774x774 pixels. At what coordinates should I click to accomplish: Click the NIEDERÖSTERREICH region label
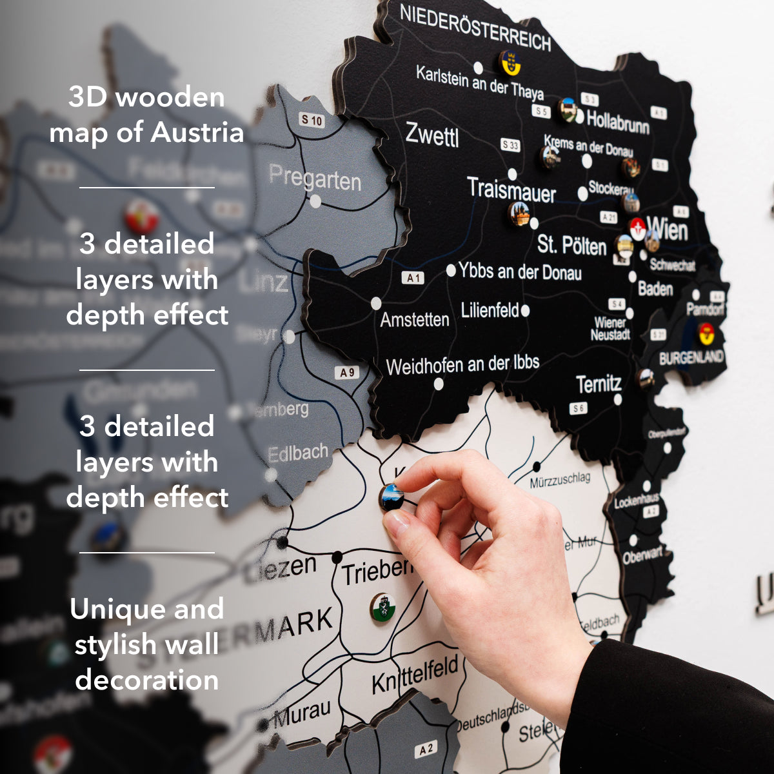pyautogui.click(x=475, y=28)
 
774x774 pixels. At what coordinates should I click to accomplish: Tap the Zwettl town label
pyautogui.click(x=432, y=135)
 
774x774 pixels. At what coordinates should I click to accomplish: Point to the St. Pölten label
pyautogui.click(x=571, y=245)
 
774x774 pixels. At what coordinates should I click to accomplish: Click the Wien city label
pyautogui.click(x=668, y=229)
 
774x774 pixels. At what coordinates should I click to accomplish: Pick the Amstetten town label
pyautogui.click(x=414, y=319)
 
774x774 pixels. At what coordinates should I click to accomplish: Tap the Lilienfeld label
pyautogui.click(x=490, y=311)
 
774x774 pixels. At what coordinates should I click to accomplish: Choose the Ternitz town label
pyautogui.click(x=599, y=384)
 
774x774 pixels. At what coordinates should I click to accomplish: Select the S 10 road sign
pyautogui.click(x=312, y=120)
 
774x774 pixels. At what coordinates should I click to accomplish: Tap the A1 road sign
pyautogui.click(x=413, y=278)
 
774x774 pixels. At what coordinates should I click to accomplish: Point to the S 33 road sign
pyautogui.click(x=510, y=145)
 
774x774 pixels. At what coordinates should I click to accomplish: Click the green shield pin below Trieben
pyautogui.click(x=382, y=608)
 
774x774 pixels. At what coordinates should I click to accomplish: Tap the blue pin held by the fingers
pyautogui.click(x=392, y=496)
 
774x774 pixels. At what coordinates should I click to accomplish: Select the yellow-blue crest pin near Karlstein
pyautogui.click(x=510, y=63)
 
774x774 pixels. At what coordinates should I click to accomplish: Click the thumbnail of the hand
pyautogui.click(x=490, y=555)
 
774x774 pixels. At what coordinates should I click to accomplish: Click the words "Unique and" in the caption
pyautogui.click(x=147, y=609)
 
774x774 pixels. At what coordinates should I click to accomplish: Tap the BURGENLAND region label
pyautogui.click(x=691, y=357)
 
